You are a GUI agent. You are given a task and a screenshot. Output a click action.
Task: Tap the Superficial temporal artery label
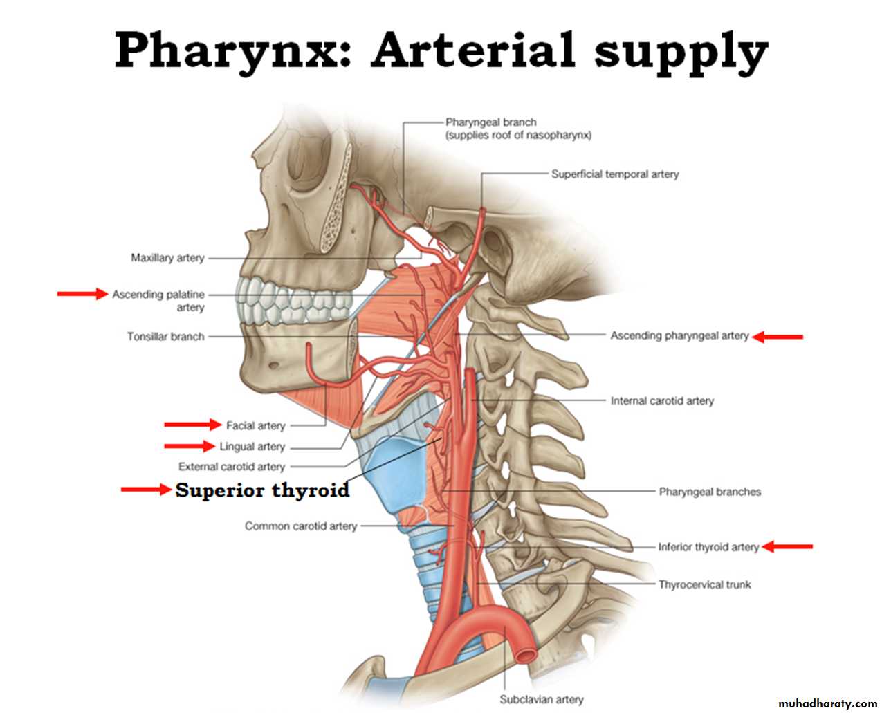click(x=614, y=174)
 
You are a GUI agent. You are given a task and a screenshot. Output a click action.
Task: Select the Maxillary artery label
click(x=167, y=258)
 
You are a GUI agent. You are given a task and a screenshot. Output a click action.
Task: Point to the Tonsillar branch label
click(x=165, y=337)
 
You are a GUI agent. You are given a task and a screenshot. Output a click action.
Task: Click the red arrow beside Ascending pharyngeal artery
click(x=778, y=337)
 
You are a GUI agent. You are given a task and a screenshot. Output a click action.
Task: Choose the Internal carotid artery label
click(x=661, y=400)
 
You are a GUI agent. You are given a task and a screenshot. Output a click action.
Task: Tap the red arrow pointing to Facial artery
click(x=192, y=424)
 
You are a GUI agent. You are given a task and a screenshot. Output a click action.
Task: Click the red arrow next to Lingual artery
click(x=189, y=446)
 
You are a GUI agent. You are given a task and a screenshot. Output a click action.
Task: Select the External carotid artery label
click(x=231, y=467)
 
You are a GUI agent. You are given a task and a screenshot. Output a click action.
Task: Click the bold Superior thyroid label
click(x=262, y=490)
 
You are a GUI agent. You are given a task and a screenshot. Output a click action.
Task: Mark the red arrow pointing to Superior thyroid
click(x=146, y=490)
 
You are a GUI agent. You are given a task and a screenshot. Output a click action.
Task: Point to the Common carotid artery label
click(x=300, y=526)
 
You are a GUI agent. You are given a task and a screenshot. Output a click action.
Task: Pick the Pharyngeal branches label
click(x=709, y=492)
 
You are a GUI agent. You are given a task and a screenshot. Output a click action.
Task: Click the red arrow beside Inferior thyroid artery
click(x=787, y=546)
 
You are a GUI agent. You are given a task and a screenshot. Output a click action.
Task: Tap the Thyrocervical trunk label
click(x=704, y=584)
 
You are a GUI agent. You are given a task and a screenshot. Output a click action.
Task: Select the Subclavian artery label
click(x=541, y=699)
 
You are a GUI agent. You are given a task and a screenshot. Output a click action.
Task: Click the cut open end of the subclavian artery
click(x=526, y=652)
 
